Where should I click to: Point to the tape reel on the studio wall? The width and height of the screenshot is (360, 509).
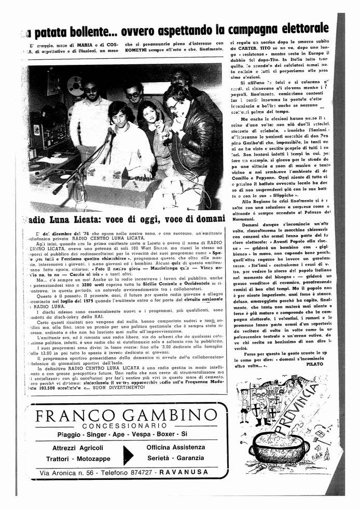click(75, 86)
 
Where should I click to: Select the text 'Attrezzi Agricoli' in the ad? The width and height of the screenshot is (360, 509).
click(78, 448)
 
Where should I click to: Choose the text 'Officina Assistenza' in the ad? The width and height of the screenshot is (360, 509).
click(176, 447)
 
